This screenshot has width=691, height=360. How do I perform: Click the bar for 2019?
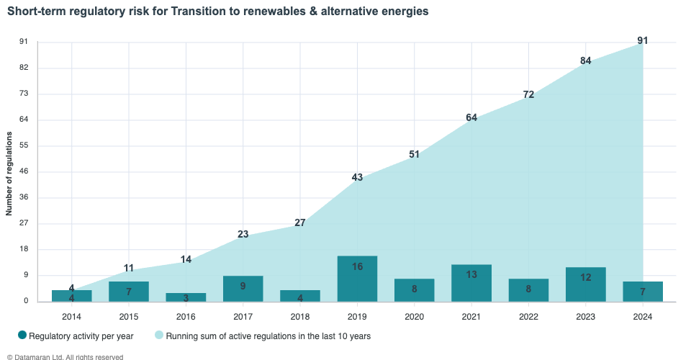click(357, 279)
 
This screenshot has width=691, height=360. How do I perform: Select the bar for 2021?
click(471, 283)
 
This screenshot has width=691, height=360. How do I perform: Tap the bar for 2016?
click(186, 297)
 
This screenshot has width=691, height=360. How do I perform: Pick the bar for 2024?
click(643, 291)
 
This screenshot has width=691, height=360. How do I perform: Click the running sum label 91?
click(643, 41)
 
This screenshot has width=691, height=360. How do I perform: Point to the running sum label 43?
click(357, 178)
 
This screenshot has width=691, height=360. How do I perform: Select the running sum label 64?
click(471, 117)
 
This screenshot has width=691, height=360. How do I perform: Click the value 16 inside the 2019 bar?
click(357, 267)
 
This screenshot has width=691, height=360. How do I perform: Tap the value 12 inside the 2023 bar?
click(586, 278)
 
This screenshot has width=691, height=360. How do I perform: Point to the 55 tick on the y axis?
click(23, 145)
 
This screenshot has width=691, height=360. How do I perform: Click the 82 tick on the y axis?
click(23, 68)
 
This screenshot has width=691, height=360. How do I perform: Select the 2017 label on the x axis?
click(243, 316)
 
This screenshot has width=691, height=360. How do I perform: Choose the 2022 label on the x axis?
click(528, 316)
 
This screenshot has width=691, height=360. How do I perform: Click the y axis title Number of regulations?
click(9, 174)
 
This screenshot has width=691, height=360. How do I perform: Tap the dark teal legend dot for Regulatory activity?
click(22, 335)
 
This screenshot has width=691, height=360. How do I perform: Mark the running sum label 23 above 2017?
click(243, 234)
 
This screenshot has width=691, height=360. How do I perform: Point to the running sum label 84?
click(586, 61)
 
